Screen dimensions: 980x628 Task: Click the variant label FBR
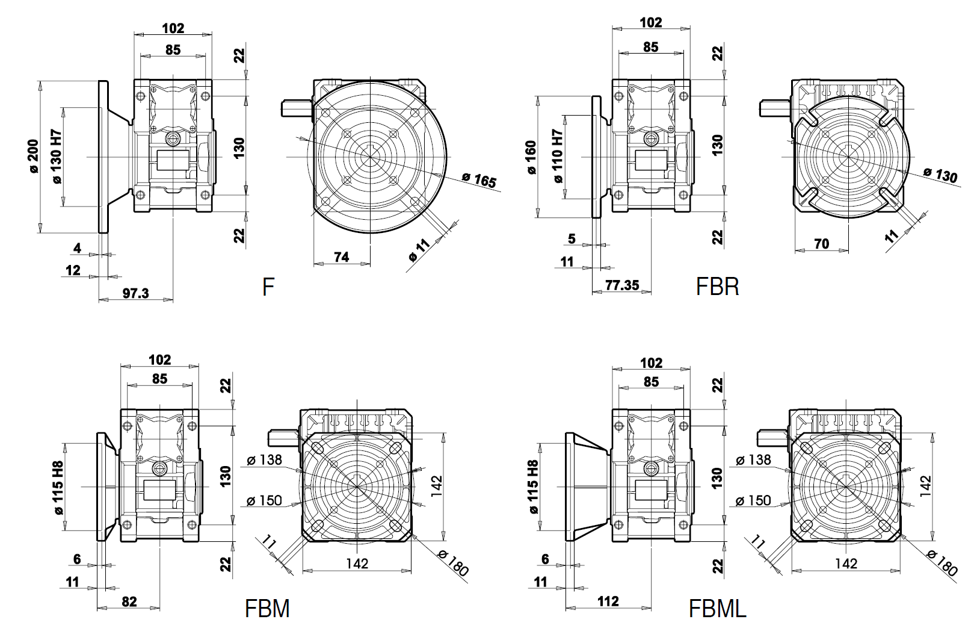pyautogui.click(x=717, y=287)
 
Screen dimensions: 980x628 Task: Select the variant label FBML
pyautogui.click(x=717, y=608)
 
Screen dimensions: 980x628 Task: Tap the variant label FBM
pyautogui.click(x=267, y=608)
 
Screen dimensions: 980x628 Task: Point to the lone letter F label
pyautogui.click(x=268, y=287)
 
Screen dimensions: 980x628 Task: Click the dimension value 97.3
pyautogui.click(x=135, y=293)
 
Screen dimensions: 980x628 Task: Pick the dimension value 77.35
pyautogui.click(x=622, y=285)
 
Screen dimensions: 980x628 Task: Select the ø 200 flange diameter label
pyautogui.click(x=34, y=157)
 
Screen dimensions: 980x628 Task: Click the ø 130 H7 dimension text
pyautogui.click(x=57, y=157)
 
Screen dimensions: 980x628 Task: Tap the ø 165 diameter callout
pyautogui.click(x=479, y=179)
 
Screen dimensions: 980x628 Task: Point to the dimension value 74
pyautogui.click(x=341, y=257)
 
